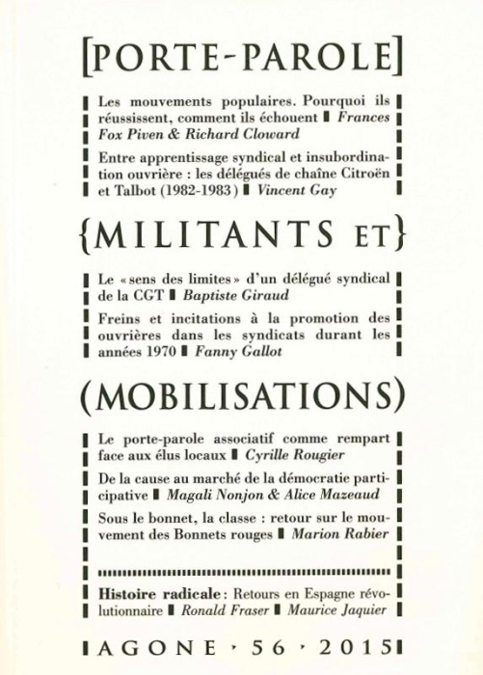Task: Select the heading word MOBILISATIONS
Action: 241,396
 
